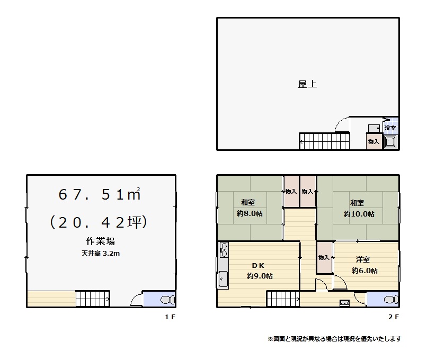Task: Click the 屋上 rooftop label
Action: [307, 84]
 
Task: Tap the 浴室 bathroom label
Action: [390, 128]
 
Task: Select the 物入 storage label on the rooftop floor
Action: [373, 141]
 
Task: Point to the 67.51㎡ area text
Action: [100, 194]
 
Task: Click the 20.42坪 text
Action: [99, 222]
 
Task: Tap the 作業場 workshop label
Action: [101, 241]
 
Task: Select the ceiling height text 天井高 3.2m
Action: [101, 254]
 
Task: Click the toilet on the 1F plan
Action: [168, 300]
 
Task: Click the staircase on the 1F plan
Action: [93, 299]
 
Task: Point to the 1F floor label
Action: [170, 317]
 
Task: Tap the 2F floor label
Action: [393, 317]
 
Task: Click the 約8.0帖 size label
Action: [250, 213]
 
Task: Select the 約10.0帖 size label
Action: [359, 214]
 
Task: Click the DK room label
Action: [258, 266]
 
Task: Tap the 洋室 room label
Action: [363, 259]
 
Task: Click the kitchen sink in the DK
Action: [223, 279]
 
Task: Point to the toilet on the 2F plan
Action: [391, 300]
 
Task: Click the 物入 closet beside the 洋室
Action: [325, 258]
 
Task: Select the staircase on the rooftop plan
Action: [324, 141]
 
